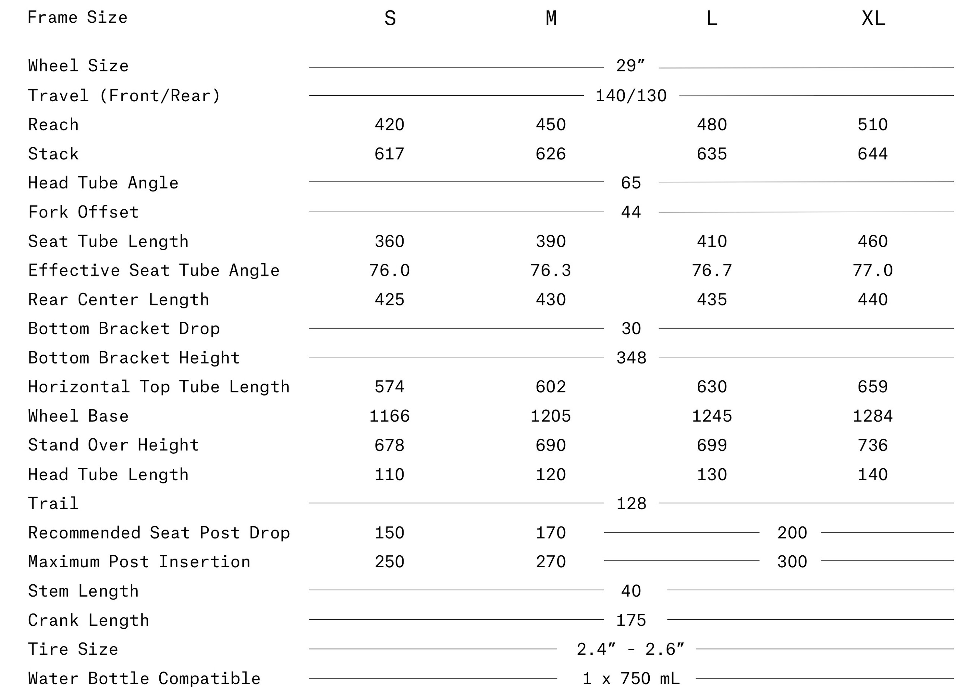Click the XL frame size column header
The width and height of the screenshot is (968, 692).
(x=873, y=18)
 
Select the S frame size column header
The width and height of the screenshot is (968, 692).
(x=390, y=18)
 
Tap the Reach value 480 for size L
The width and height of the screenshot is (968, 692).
(x=711, y=124)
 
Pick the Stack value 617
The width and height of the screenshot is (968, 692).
(x=389, y=154)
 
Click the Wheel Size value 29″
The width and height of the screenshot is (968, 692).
(x=631, y=66)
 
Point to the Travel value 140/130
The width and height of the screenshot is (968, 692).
(x=631, y=96)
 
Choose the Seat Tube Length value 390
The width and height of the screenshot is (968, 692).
(x=551, y=241)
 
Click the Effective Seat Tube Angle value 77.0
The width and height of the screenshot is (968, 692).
(x=873, y=270)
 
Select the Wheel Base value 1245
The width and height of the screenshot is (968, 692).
(x=711, y=416)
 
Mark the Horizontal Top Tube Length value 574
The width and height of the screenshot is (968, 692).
(x=389, y=387)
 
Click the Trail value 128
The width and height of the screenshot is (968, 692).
(x=631, y=504)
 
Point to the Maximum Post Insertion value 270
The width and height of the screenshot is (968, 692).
(x=551, y=562)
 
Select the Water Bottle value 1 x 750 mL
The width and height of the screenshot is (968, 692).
(x=631, y=678)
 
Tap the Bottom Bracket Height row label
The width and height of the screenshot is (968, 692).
(x=134, y=358)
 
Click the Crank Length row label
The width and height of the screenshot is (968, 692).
(x=89, y=620)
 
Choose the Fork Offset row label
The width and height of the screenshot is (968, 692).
(x=83, y=212)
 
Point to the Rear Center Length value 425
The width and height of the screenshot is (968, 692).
(x=389, y=299)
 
